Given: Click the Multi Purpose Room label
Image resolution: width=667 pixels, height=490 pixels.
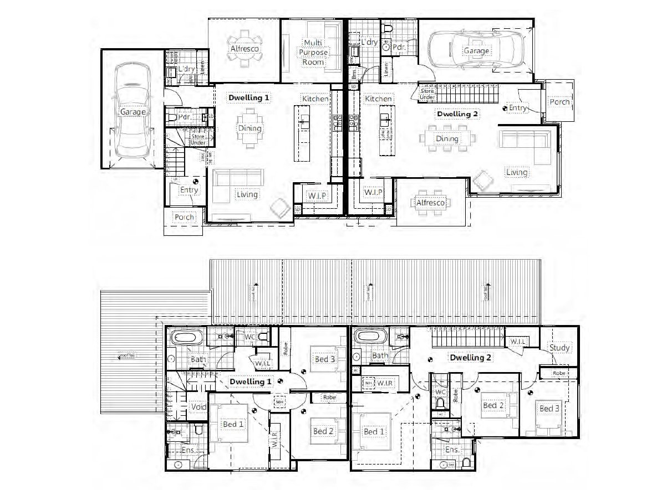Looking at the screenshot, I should tap(314, 52).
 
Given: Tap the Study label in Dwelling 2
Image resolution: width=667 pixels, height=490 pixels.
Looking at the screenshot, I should tap(559, 348).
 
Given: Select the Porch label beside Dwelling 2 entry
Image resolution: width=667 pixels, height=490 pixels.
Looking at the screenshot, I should tap(559, 102).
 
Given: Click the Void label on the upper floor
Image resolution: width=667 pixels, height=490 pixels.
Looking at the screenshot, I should tap(198, 407).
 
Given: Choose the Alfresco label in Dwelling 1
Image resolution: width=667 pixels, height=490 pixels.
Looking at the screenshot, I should tap(245, 49).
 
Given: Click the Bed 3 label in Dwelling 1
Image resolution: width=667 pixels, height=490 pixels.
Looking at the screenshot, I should tap(325, 359).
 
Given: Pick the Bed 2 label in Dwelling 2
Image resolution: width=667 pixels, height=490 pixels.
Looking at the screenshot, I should tap(492, 405).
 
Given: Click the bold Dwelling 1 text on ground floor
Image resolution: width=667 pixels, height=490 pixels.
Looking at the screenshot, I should tap(249, 97).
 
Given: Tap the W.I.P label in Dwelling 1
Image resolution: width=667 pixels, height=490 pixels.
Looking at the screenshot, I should tap(316, 195).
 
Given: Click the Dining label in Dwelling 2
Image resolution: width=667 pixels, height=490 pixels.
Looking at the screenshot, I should tap(447, 138).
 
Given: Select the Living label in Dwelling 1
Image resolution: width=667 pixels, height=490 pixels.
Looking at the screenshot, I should tap(247, 194).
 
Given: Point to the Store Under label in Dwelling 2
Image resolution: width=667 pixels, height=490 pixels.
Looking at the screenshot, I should tap(427, 94).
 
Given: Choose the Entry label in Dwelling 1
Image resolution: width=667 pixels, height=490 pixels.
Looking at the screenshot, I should tap(189, 190).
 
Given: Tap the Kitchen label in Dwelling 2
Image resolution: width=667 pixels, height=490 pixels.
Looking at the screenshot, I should tap(378, 99).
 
